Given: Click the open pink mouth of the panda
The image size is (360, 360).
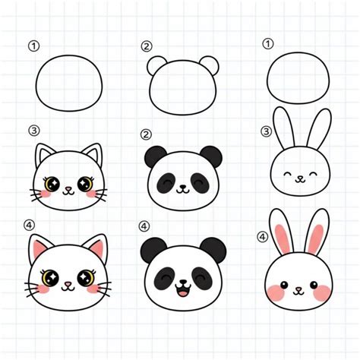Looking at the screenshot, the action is pyautogui.click(x=183, y=292).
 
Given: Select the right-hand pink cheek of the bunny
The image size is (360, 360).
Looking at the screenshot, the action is pyautogui.click(x=321, y=293).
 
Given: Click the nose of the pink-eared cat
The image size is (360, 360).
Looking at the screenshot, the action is pyautogui.click(x=68, y=283).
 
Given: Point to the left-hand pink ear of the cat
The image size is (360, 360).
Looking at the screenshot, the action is pyautogui.click(x=39, y=248).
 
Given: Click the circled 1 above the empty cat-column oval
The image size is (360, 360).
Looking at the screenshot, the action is pyautogui.click(x=33, y=46).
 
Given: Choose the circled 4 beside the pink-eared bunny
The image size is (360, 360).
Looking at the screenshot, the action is pyautogui.click(x=262, y=237).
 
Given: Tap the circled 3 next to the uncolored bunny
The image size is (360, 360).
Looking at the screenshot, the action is pyautogui.click(x=266, y=131).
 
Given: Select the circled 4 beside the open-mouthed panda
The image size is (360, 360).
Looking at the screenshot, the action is pyautogui.click(x=144, y=226).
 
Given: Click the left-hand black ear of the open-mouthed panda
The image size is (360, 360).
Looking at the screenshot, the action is pyautogui.click(x=152, y=249).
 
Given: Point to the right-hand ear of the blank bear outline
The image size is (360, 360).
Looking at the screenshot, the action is pyautogui.click(x=210, y=65).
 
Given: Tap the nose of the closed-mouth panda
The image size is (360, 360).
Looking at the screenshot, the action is pyautogui.click(x=182, y=187).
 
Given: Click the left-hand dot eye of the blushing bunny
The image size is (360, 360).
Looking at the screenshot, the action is pyautogui.click(x=284, y=285).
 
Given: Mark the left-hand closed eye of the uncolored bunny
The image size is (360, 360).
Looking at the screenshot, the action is pyautogui.click(x=287, y=174).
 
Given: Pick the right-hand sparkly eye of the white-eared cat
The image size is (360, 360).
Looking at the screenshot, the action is pyautogui.click(x=85, y=184).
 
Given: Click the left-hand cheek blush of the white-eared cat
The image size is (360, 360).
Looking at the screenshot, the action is pyautogui.click(x=45, y=194).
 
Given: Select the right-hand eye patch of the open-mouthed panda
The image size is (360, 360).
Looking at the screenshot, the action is pyautogui.click(x=202, y=279).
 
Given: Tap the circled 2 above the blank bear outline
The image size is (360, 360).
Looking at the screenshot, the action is pyautogui.click(x=147, y=46).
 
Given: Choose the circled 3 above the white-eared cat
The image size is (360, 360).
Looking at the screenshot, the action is pyautogui.click(x=34, y=131).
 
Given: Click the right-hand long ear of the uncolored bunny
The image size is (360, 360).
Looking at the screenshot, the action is pyautogui.click(x=320, y=128).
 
